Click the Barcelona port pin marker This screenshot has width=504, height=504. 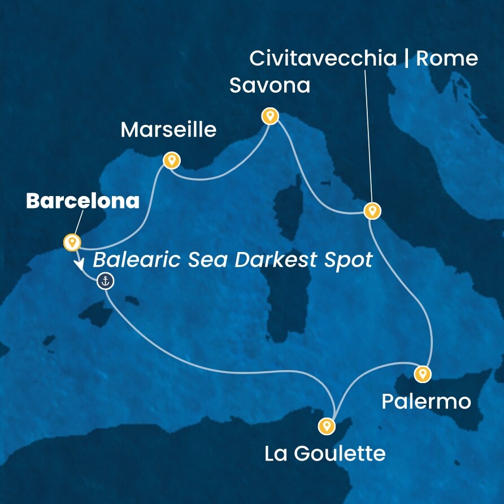(72, 242)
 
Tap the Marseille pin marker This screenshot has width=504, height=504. (171, 160)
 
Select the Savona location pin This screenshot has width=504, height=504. (271, 116)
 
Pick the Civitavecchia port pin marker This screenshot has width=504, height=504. (371, 211)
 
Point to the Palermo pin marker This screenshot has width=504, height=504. (422, 373)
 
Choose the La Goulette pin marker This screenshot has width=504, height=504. (326, 425)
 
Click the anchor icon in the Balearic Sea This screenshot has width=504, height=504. (105, 280)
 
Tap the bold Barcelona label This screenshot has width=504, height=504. (82, 201)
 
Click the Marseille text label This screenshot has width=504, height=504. (168, 131)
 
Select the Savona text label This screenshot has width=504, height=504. (270, 86)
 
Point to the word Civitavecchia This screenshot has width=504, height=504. (323, 58)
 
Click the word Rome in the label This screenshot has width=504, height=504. (447, 58)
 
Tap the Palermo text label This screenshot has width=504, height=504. (426, 402)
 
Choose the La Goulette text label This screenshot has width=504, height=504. (325, 453)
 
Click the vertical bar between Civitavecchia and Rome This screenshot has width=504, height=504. (406, 58)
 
